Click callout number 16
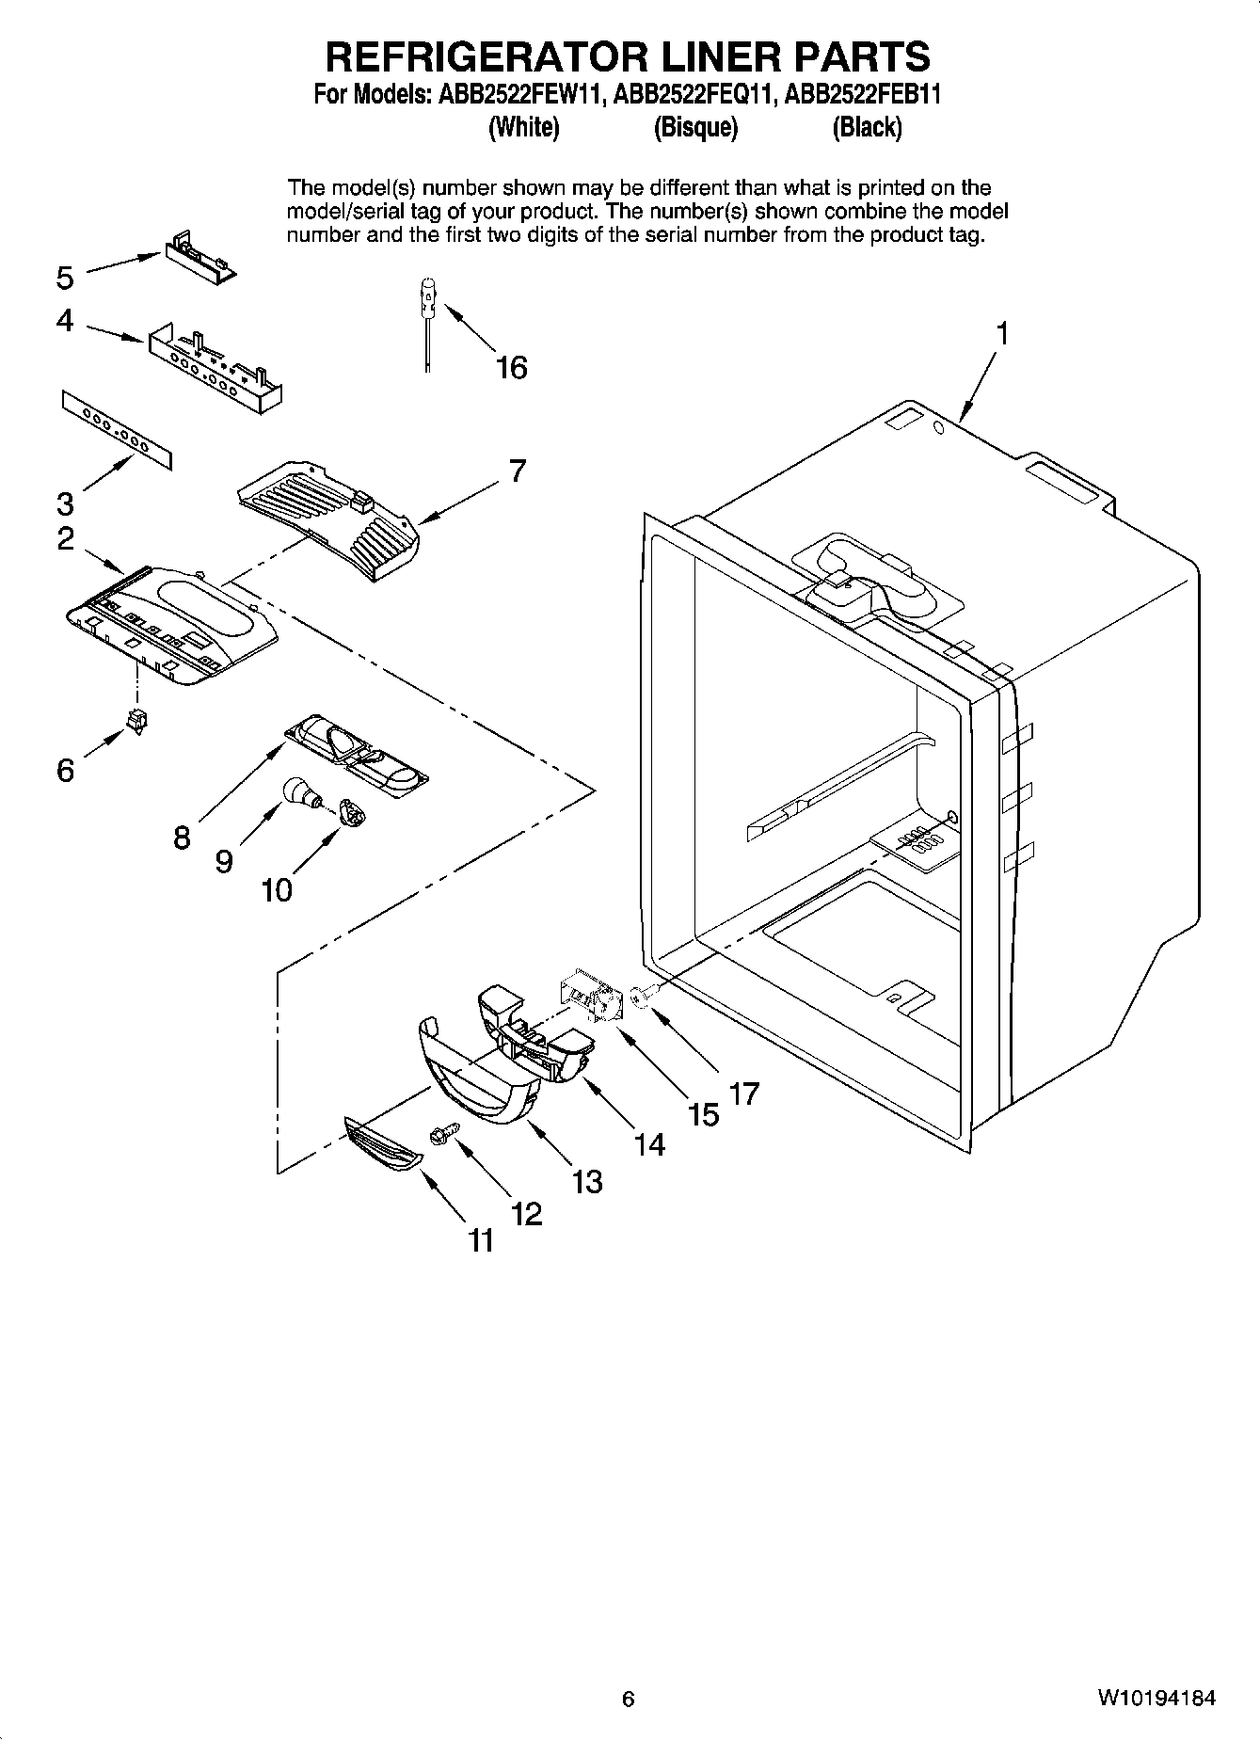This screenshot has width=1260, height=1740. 512,367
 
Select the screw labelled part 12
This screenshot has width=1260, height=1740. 442,1136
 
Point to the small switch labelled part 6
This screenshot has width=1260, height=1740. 138,721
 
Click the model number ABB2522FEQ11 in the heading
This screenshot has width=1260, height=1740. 693,95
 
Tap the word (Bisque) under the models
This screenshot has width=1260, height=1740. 695,128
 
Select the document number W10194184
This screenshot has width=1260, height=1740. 1156,1699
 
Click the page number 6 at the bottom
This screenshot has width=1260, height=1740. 629,1699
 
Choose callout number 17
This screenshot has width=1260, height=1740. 743,1093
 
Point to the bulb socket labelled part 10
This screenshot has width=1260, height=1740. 349,812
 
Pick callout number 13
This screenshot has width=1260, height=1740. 587,1181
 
